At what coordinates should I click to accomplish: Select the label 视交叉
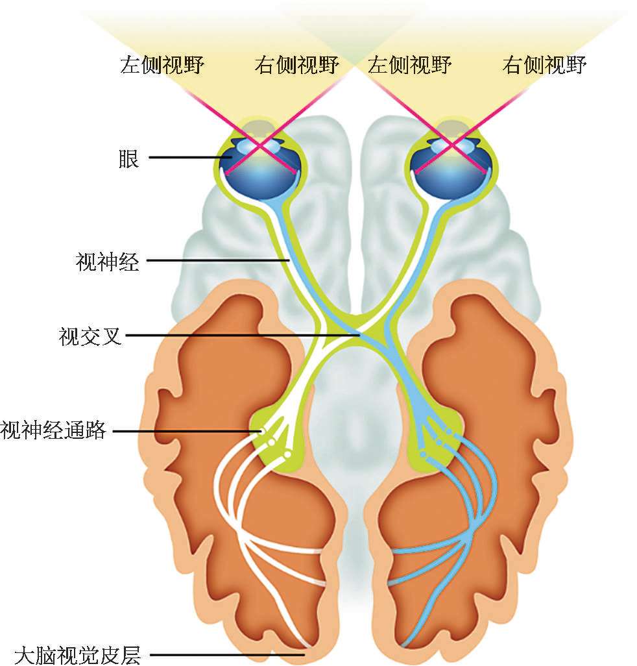(90, 336)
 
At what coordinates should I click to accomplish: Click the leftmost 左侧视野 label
(162, 65)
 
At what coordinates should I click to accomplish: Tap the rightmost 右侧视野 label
(544, 65)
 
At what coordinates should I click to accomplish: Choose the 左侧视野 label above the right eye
(409, 65)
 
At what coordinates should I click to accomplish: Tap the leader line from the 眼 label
(188, 158)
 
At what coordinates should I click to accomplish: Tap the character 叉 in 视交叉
(112, 336)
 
